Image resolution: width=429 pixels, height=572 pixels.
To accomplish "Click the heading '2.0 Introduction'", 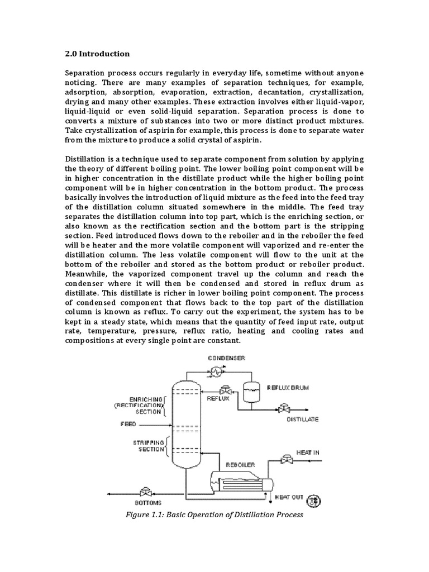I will pos(97,54).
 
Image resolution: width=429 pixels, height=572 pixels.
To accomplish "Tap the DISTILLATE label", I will pos(303,419).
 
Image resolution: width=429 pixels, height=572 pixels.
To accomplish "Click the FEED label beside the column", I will pos(128,424).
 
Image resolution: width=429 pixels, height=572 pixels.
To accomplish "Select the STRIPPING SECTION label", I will pos(147,445).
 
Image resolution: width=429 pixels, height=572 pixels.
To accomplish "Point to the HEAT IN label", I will pos(308,452).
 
